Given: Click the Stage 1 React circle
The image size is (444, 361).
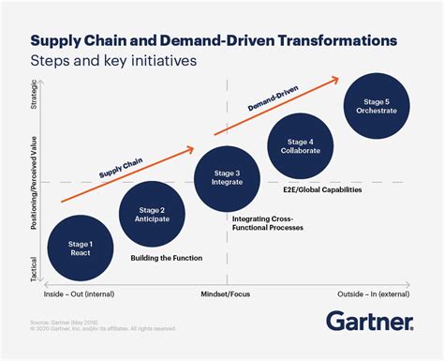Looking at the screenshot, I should (x=81, y=248).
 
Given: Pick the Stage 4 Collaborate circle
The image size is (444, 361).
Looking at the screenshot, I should (x=301, y=147).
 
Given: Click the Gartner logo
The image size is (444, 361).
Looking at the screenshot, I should (x=371, y=322).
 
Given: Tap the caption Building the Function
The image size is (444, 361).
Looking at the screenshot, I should (x=166, y=258).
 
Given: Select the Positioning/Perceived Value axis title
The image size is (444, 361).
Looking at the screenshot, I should (x=35, y=184).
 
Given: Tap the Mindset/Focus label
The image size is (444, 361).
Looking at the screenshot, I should (x=226, y=293).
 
